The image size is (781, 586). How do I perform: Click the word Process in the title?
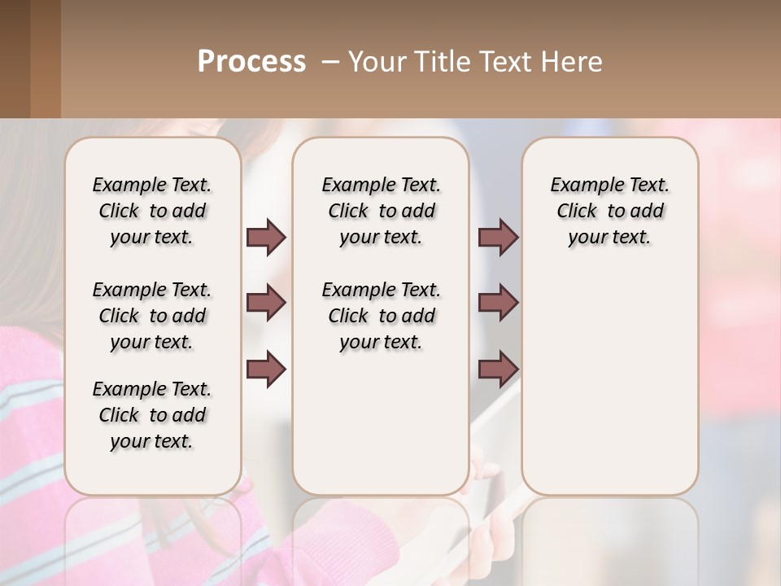tap(251, 62)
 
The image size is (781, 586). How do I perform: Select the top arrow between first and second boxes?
tap(266, 237)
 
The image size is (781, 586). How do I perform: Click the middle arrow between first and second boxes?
tap(266, 303)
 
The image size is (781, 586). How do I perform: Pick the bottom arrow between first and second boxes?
tap(266, 369)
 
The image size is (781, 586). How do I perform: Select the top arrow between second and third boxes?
tap(498, 237)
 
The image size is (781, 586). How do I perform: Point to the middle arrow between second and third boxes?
tap(498, 303)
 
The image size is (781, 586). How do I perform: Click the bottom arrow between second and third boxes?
tap(498, 369)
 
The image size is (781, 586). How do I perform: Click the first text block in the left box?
tap(152, 211)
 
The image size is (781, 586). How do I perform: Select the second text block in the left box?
tap(152, 316)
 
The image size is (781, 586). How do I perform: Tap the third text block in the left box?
tap(152, 415)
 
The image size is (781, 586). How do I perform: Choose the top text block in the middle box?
tap(381, 211)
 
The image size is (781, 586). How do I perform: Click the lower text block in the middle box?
tap(381, 316)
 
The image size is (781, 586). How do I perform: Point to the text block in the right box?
tap(609, 211)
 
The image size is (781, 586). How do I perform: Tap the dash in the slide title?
tap(330, 62)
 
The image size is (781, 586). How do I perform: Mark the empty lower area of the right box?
tap(609, 383)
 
